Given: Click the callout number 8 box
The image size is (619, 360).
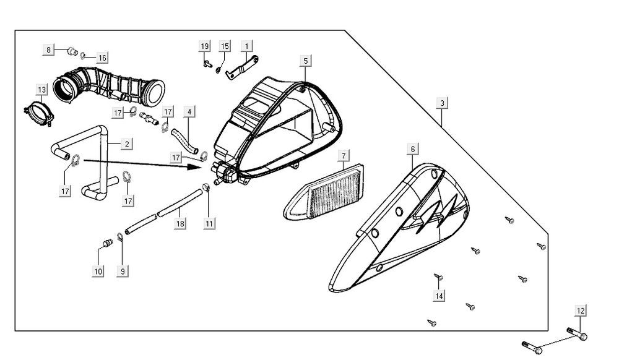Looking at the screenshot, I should click(x=48, y=50).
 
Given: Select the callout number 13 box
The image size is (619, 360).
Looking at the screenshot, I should click(x=41, y=90).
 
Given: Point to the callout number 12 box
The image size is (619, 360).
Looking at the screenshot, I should click(x=580, y=311).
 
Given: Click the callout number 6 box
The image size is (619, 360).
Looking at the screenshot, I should click(x=413, y=149).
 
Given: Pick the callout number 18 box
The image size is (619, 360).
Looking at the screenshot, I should click(x=180, y=223).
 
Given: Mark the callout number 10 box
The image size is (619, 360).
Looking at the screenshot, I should click(x=99, y=271).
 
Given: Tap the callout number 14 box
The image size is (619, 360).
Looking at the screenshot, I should click(x=439, y=296).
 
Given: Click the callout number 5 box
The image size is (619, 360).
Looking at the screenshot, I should click(x=306, y=61).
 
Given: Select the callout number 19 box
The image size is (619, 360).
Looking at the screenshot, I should click(x=204, y=47).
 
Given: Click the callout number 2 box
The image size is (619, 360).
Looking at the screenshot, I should click(x=126, y=144).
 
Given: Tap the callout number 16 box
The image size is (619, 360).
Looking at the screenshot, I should click(x=102, y=58).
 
